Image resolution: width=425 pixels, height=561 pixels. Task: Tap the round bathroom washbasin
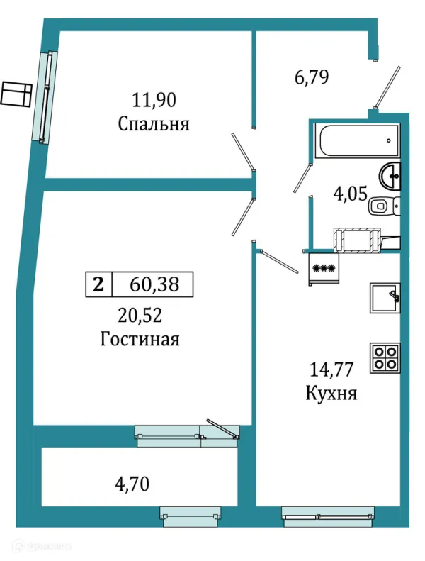390,174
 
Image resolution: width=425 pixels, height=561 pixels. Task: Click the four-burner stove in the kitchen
386,357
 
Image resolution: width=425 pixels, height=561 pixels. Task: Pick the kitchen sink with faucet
386,298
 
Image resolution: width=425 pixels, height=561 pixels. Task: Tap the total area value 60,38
153,284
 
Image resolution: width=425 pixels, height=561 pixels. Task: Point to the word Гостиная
140,339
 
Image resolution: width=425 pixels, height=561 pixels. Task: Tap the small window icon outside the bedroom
16,94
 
